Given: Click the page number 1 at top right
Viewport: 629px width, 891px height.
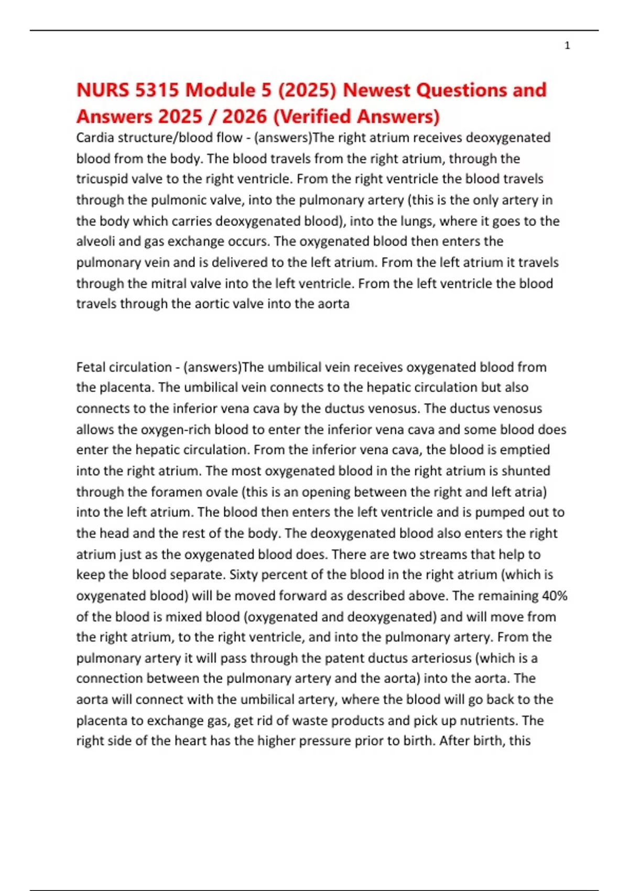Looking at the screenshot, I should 567,46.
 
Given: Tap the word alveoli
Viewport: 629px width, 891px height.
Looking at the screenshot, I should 94,242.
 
